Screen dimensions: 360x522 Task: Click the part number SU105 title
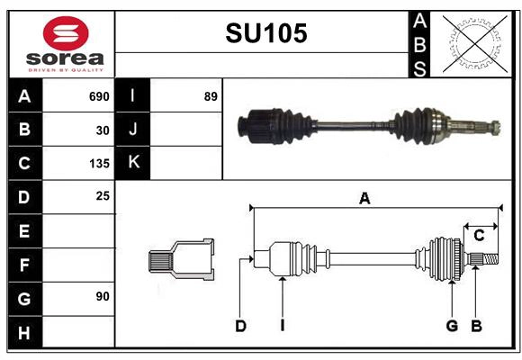[265, 33]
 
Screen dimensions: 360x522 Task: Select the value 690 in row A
[98, 96]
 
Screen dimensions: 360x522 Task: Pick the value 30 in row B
[103, 130]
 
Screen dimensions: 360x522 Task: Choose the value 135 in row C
[98, 164]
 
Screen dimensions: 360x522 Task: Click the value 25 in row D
[103, 195]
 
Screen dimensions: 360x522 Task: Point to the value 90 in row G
[103, 296]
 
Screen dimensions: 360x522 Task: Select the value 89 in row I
[210, 96]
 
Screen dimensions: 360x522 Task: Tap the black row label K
[133, 163]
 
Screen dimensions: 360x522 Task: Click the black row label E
[24, 230]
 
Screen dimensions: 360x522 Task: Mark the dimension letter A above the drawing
[364, 199]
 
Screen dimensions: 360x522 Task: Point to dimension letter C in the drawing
[479, 236]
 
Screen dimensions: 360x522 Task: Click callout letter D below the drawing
[240, 326]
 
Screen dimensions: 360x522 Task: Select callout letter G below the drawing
[452, 326]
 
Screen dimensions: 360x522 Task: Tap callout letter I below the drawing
[282, 326]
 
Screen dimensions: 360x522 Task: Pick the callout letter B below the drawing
[477, 326]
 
